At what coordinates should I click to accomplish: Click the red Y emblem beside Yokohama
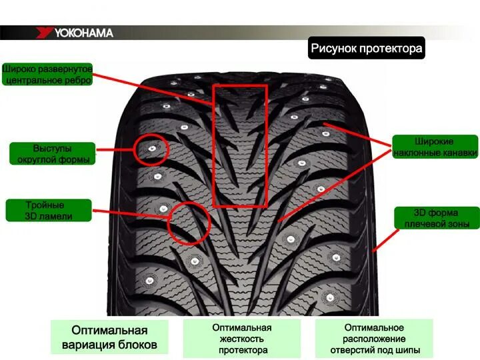click(x=45, y=33)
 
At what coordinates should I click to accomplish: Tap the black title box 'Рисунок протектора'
click(x=366, y=49)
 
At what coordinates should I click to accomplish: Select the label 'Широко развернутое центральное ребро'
click(x=47, y=74)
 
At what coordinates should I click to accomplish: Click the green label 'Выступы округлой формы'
click(x=52, y=153)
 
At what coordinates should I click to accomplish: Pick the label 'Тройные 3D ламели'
click(x=48, y=210)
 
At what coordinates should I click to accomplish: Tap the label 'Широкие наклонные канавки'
click(x=435, y=147)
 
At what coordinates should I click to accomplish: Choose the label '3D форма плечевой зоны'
click(x=435, y=218)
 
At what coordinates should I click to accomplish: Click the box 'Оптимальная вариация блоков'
click(x=109, y=337)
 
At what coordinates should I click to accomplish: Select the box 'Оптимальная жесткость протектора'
click(x=242, y=339)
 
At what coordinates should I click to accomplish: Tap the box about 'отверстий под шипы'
click(x=373, y=339)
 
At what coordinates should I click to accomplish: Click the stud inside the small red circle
click(x=152, y=148)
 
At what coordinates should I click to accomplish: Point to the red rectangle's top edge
click(x=240, y=85)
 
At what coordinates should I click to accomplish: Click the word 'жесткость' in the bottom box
click(x=242, y=339)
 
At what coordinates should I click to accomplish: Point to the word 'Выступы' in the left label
click(x=52, y=147)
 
